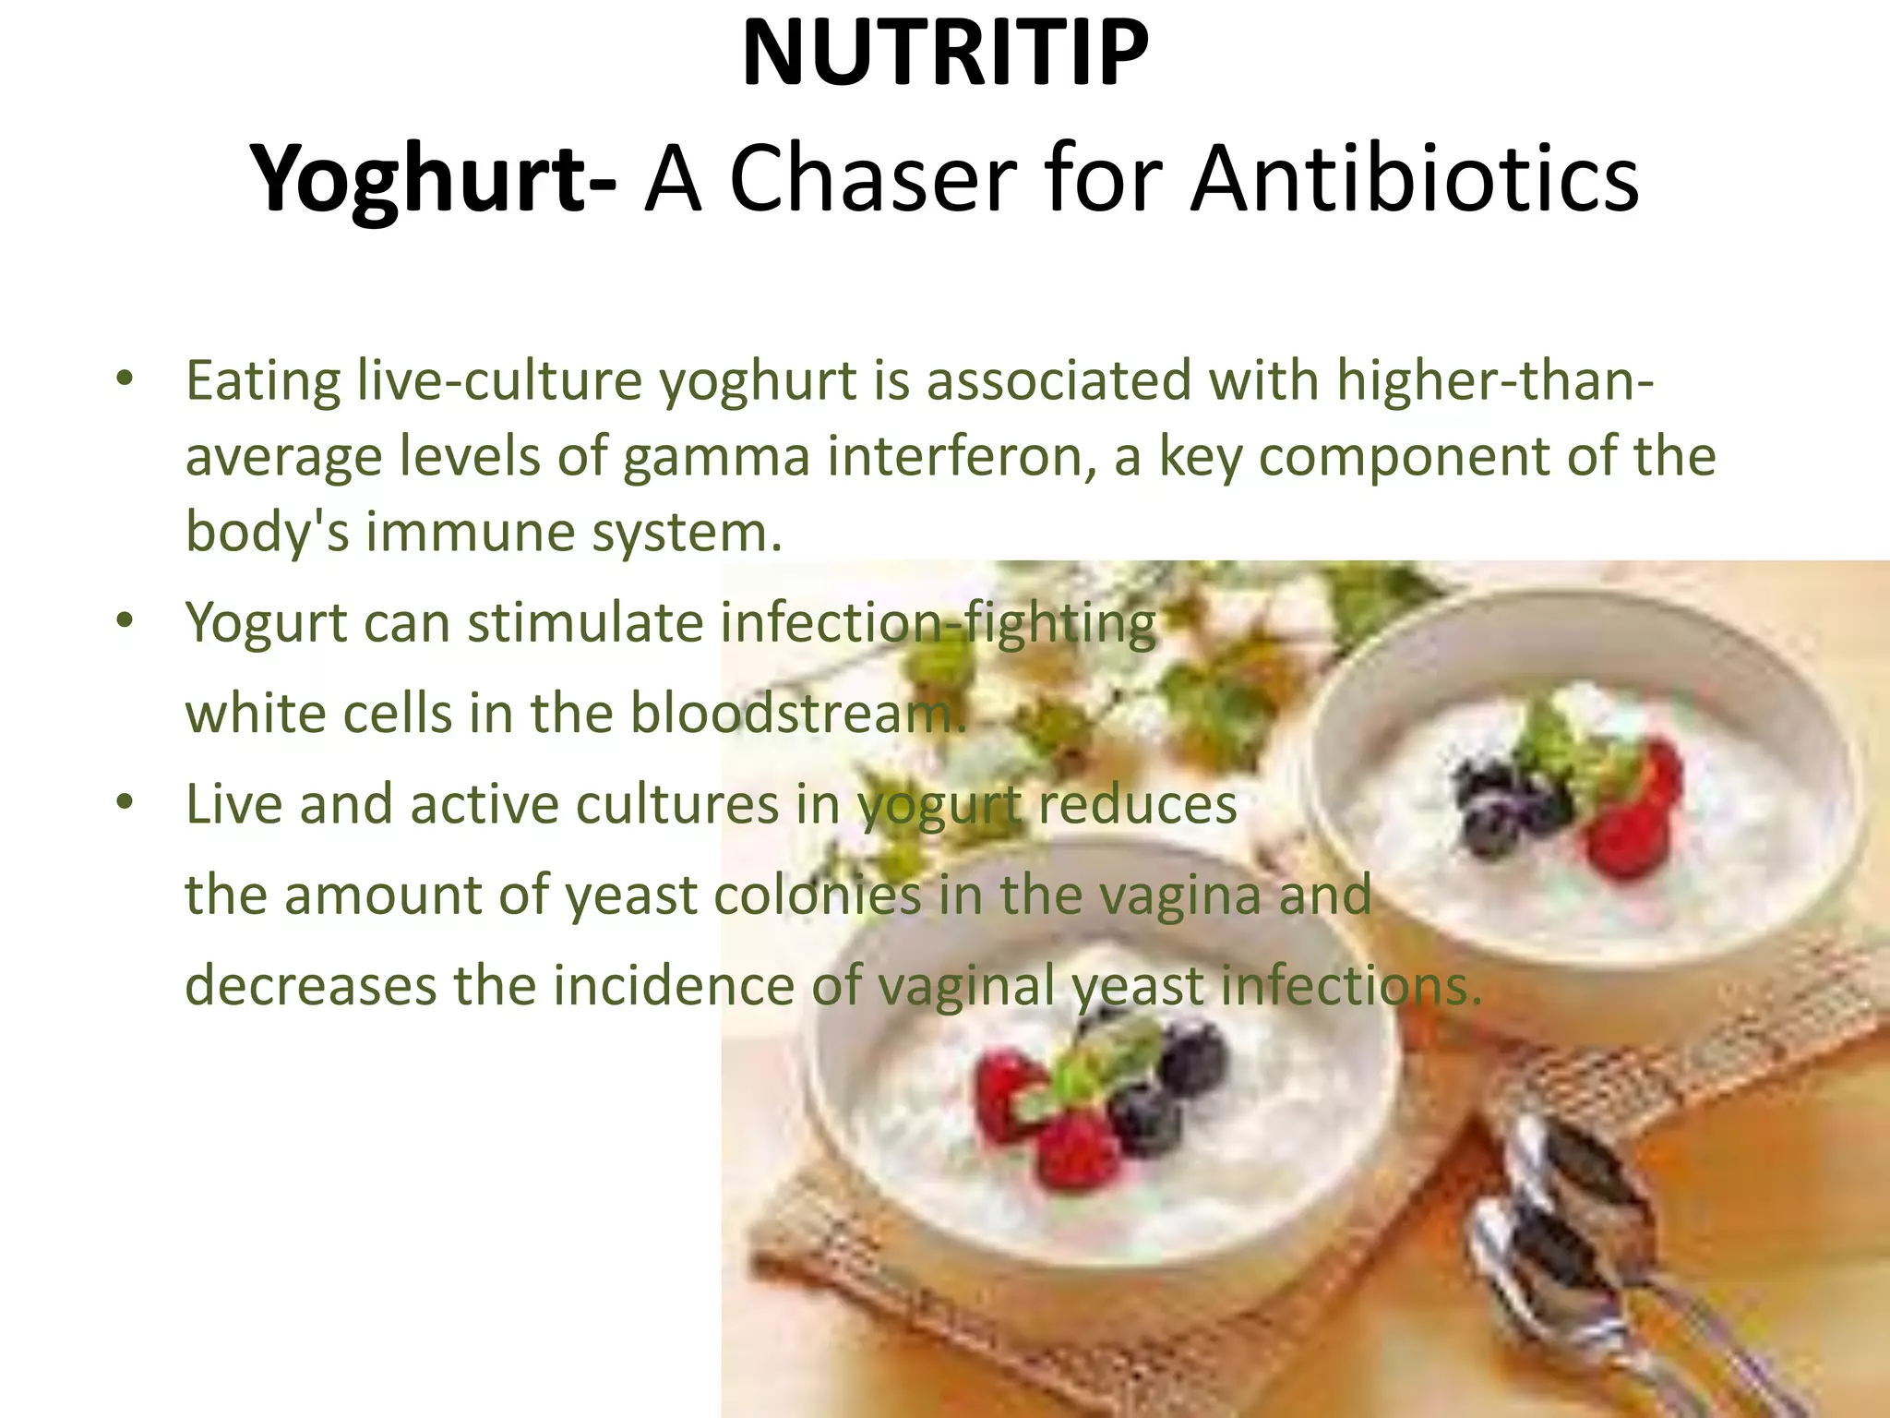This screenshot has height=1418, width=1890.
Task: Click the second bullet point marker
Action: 125,621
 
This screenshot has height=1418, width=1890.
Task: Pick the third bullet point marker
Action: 125,803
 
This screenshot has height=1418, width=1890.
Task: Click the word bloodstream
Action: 797,714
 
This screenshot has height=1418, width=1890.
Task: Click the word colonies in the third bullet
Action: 816,895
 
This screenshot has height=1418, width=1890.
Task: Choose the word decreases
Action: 310,985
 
